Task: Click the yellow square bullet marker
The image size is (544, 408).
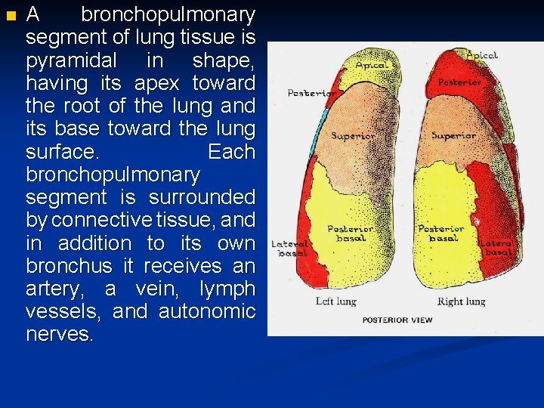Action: point(9,16)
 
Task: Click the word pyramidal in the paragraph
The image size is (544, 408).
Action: point(71,60)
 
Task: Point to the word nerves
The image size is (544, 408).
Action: point(60,335)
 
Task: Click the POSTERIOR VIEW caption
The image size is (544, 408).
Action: point(397,320)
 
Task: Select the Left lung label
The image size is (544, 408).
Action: point(336,301)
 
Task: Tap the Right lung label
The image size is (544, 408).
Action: point(461,301)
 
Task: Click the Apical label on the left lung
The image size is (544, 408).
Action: point(371,65)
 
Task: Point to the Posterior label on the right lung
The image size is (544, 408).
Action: point(459,82)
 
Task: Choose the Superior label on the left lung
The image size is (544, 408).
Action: point(353,137)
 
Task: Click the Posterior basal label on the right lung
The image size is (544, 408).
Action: point(440,233)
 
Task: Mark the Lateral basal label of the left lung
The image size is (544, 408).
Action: point(290,249)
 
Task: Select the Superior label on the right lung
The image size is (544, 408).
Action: point(453,136)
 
